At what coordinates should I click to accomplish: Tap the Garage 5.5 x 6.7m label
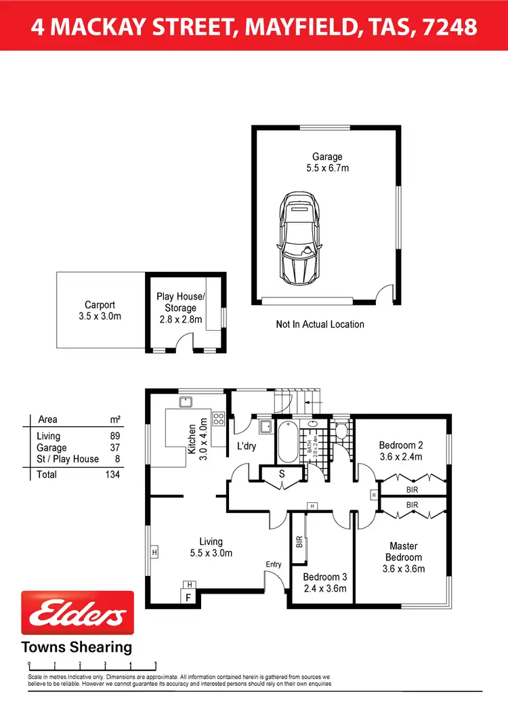pyautogui.click(x=327, y=163)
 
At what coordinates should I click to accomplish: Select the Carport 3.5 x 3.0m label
pyautogui.click(x=100, y=310)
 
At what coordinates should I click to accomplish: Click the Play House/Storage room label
pyautogui.click(x=180, y=308)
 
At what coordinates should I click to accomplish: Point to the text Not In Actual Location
pyautogui.click(x=320, y=325)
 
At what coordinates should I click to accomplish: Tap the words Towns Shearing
pyautogui.click(x=77, y=646)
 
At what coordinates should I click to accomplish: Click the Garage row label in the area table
pyautogui.click(x=51, y=448)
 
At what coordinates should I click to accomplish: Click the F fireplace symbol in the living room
pyautogui.click(x=190, y=597)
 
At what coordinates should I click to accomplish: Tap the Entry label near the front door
pyautogui.click(x=273, y=564)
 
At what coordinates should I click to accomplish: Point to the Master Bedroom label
pyautogui.click(x=403, y=557)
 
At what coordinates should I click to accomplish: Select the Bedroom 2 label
pyautogui.click(x=401, y=451)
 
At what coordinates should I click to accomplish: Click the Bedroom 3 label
pyautogui.click(x=324, y=582)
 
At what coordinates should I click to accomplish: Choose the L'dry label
pyautogui.click(x=246, y=447)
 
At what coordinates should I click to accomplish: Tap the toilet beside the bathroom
pyautogui.click(x=341, y=432)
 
